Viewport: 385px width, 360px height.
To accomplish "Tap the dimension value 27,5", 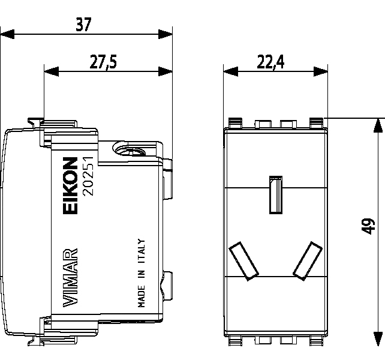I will [104, 63].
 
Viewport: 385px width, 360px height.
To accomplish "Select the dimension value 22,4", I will [272, 63].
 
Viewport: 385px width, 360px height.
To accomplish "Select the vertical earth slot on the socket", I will [276, 194].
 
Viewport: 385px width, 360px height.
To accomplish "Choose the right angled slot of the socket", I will [306, 260].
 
